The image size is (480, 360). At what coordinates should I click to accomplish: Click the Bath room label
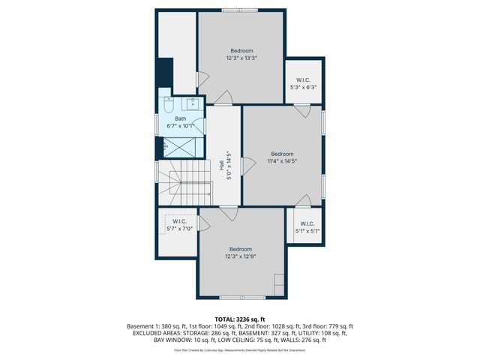click(x=181, y=118)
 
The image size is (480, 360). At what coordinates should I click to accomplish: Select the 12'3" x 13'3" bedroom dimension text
click(x=241, y=58)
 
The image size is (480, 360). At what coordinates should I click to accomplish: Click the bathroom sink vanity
click(x=191, y=103)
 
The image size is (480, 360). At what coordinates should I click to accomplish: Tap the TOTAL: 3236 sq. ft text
click(x=240, y=319)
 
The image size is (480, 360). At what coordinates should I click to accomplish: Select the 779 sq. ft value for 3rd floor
click(x=341, y=326)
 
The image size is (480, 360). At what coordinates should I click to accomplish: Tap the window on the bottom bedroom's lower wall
click(x=241, y=297)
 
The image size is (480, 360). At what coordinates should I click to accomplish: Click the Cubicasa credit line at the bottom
click(x=240, y=349)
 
